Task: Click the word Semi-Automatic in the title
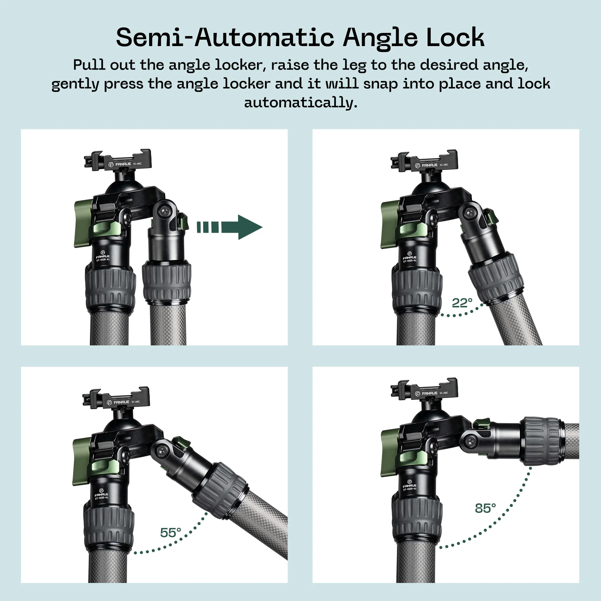pyautogui.click(x=224, y=38)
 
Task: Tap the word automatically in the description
pyautogui.click(x=300, y=102)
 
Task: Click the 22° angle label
pyautogui.click(x=462, y=303)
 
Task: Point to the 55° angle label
pyautogui.click(x=170, y=533)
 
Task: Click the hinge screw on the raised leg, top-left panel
pyautogui.click(x=164, y=212)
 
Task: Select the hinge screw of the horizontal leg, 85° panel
pyautogui.click(x=471, y=441)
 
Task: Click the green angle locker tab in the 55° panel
pyautogui.click(x=181, y=442)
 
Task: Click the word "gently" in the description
pyautogui.click(x=75, y=84)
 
